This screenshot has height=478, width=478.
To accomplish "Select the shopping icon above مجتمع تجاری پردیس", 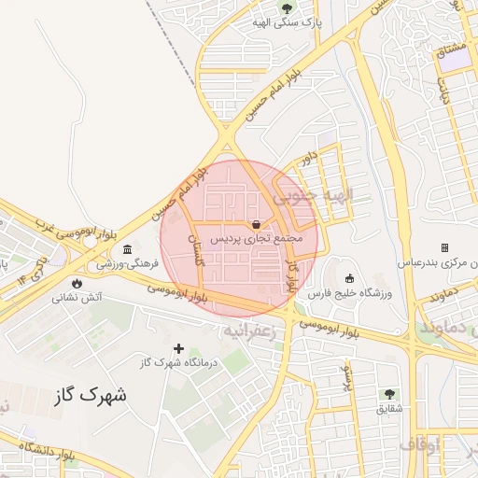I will click(256, 224).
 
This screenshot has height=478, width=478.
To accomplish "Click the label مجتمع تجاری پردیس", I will click(256, 239).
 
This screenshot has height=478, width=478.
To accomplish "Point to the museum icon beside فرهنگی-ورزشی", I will click(126, 250).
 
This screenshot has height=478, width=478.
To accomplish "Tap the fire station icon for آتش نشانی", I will click(77, 283).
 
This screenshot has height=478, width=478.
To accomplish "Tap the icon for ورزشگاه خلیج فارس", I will click(350, 278).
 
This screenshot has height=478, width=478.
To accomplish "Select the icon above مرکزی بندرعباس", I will click(444, 247).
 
